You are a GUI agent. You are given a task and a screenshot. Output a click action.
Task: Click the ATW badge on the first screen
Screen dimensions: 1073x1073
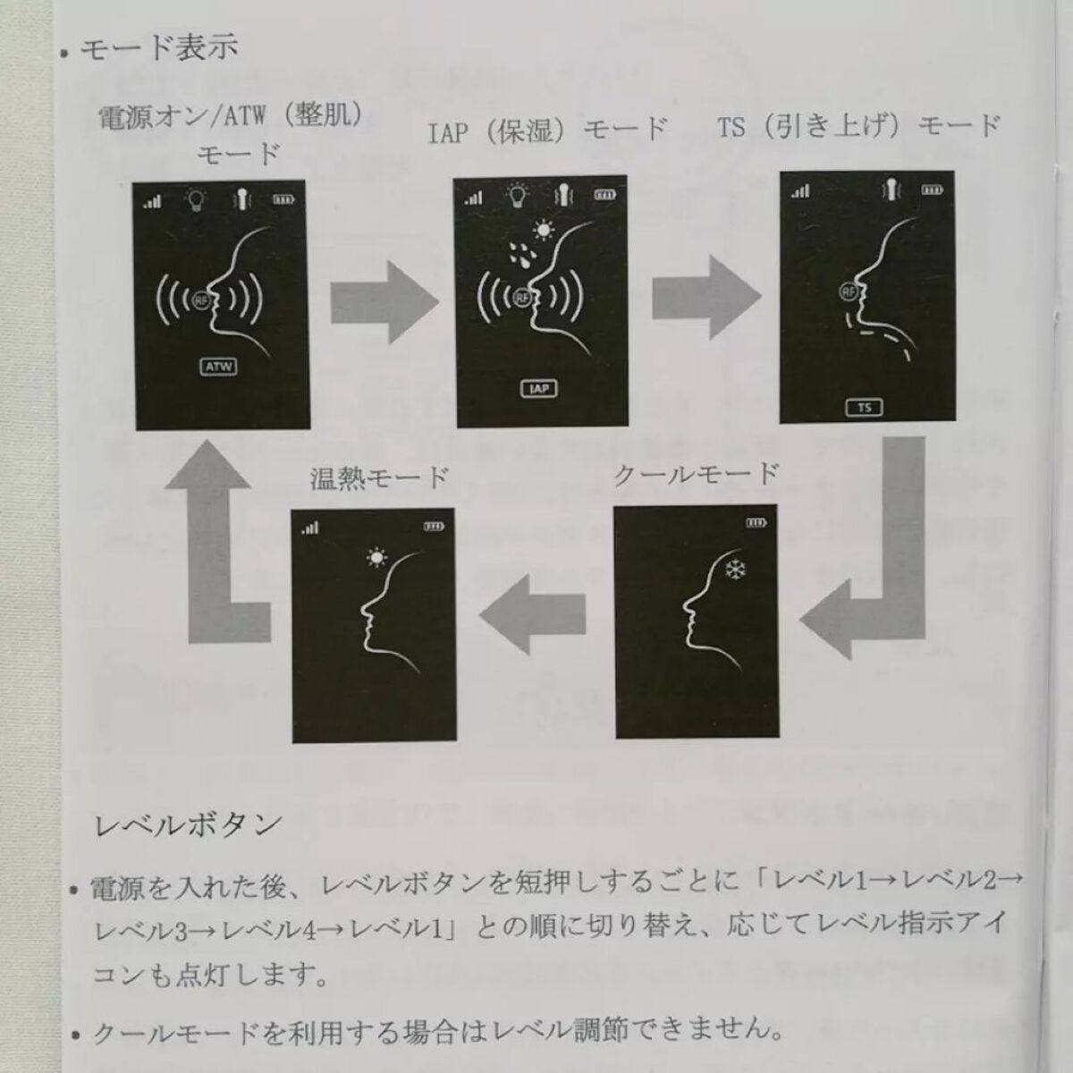pos(219,367)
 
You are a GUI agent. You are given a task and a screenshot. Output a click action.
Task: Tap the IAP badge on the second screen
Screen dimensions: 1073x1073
pos(538,389)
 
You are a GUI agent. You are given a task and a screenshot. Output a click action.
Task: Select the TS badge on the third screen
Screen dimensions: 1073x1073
pos(864,408)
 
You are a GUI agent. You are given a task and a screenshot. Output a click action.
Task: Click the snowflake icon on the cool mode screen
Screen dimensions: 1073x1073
pos(736,569)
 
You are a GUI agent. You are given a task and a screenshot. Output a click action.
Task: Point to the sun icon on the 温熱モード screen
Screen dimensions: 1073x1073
pos(377,557)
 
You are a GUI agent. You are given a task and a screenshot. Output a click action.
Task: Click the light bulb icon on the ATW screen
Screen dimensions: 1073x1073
pos(196,199)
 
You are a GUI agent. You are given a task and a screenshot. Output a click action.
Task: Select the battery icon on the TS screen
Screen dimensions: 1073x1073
pos(932,190)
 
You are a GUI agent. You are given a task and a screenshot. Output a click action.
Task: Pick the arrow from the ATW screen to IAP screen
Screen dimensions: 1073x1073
pos(384,301)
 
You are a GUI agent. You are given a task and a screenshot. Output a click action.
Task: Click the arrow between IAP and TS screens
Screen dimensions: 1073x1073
pos(706,297)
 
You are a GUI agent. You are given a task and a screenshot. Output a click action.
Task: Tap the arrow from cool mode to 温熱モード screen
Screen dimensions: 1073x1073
pos(532,614)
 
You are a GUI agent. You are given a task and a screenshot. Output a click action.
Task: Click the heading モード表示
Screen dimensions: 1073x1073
pos(159,46)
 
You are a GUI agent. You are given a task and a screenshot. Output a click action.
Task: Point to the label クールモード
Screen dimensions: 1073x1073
pos(696,475)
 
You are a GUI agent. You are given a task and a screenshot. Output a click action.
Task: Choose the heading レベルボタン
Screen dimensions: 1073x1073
pos(188,825)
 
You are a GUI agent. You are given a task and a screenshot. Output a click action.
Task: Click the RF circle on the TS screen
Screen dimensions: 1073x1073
pos(849,291)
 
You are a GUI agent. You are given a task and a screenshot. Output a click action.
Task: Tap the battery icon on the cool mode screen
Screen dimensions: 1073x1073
pos(756,523)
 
